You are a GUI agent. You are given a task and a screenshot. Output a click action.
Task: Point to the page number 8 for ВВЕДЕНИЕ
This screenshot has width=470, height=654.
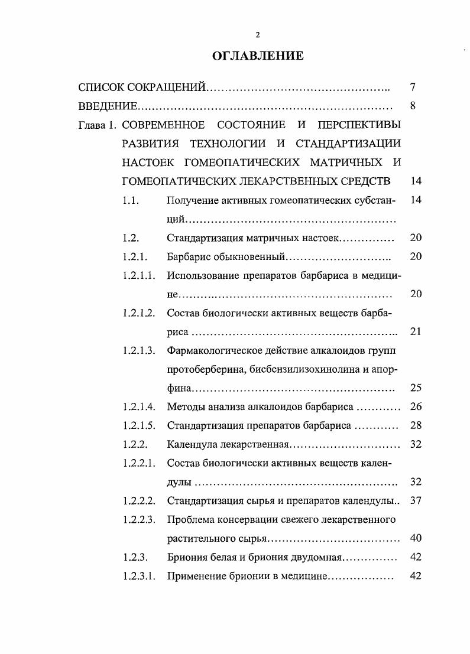tap(413, 106)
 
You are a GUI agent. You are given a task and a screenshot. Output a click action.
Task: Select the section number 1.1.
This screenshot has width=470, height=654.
tap(131, 200)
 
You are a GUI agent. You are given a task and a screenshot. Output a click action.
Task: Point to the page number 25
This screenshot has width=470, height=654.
tap(415, 388)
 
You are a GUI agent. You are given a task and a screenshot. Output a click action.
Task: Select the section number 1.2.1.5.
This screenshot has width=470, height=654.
tap(139, 425)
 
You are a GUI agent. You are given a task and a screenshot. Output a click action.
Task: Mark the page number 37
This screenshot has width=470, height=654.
tap(415, 500)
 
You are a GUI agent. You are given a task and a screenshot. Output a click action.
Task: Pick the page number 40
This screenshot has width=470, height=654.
tap(415, 538)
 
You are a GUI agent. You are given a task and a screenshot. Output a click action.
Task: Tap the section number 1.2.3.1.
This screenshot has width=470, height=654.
tap(139, 576)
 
